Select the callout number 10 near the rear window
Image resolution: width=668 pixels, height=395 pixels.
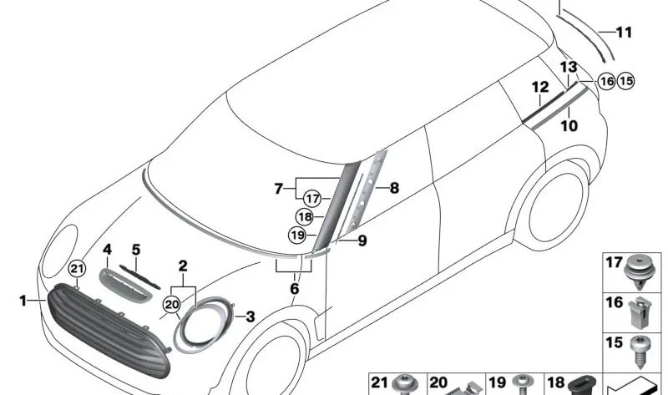pos(569,126)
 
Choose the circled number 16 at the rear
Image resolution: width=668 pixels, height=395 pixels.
pos(607,81)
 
